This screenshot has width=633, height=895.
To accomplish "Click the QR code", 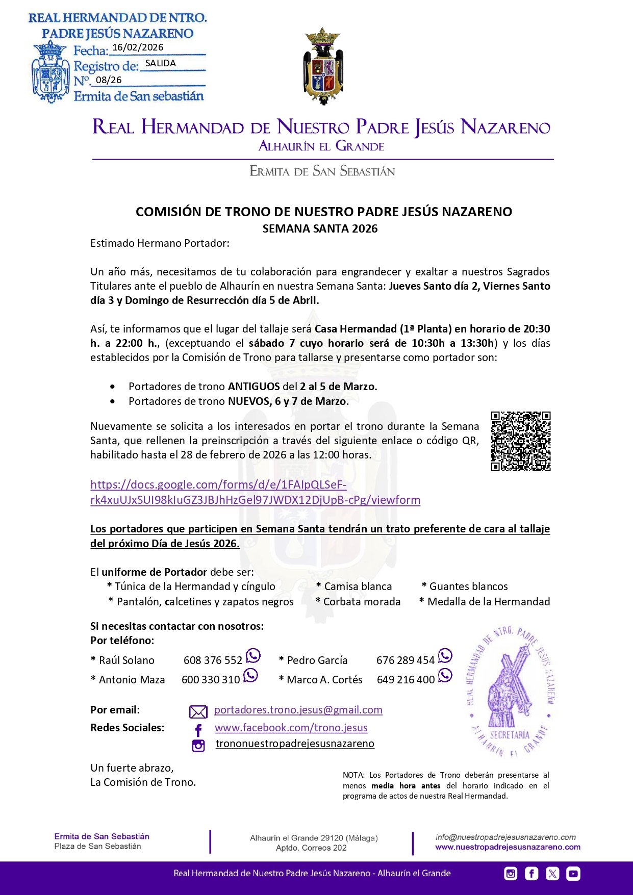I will (x=520, y=441).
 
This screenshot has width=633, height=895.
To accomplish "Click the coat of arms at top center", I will (x=323, y=66).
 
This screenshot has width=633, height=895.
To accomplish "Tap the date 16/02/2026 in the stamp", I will (x=138, y=47).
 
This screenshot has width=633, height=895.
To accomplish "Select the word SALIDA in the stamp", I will (x=160, y=63).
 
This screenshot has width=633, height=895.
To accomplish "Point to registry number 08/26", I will (x=109, y=80).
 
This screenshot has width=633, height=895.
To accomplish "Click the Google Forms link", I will (x=255, y=492).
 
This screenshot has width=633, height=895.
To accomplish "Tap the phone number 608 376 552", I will (x=213, y=660).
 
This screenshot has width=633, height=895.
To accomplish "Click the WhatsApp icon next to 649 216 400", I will (x=445, y=675).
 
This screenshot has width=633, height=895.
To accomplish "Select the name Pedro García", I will (x=317, y=660).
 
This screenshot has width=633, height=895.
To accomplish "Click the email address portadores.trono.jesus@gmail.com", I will (x=298, y=710).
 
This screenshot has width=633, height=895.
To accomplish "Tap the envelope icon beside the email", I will (x=198, y=712).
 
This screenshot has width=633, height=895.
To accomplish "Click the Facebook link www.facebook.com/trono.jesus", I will (x=291, y=728).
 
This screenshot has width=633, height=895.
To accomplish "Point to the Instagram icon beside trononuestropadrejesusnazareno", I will (x=198, y=746).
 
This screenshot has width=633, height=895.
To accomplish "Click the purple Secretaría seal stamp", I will (x=510, y=691).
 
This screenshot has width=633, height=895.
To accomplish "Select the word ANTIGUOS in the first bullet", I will (x=254, y=387).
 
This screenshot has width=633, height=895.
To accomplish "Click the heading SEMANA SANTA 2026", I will (x=320, y=228).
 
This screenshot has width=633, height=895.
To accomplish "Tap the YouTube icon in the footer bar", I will (x=573, y=874).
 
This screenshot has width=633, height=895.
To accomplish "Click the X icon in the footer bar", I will (x=552, y=874).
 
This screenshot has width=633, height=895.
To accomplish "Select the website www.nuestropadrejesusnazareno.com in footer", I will (x=508, y=847).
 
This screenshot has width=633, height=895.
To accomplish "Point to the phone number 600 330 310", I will (x=210, y=680).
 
